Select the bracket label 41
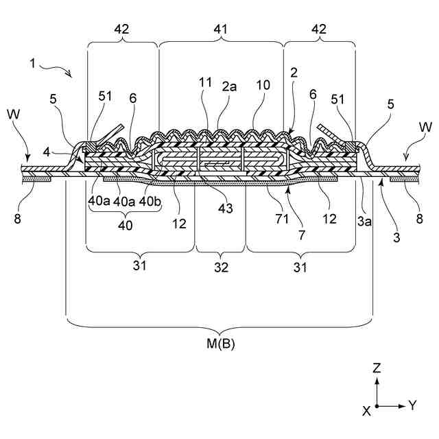[221, 30]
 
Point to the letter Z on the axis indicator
[376, 368]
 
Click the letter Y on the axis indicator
[412, 405]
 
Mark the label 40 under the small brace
[123, 225]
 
